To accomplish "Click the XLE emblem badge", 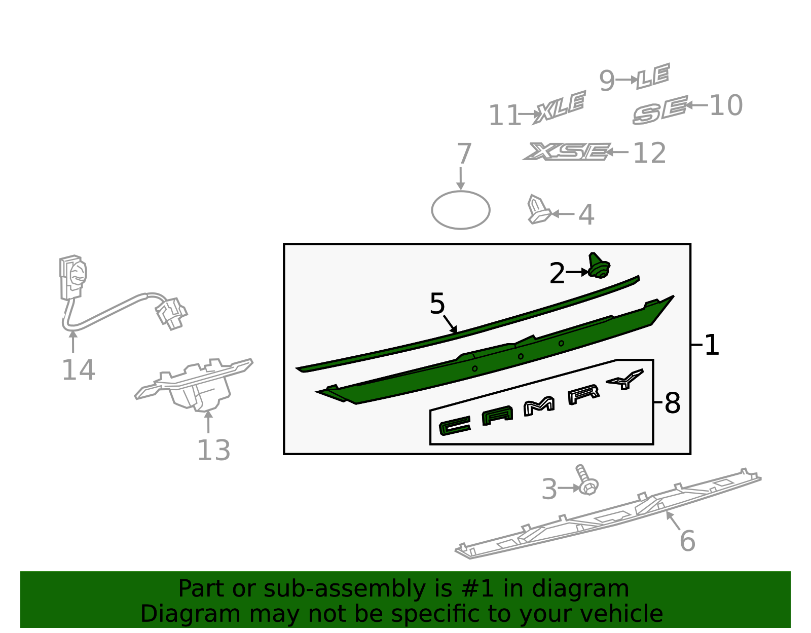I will (560, 107).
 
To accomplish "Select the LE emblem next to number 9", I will (653, 77).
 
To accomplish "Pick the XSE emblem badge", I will (567, 152).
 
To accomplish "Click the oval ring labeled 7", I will (460, 210).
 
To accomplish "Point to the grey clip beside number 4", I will (537, 209).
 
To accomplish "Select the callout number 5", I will (437, 304).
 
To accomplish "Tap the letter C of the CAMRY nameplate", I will (454, 426).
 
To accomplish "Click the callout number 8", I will (672, 403).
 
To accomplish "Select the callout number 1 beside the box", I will (712, 345).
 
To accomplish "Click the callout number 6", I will (687, 541).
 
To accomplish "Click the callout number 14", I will (78, 370).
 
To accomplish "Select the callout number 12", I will (649, 153).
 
